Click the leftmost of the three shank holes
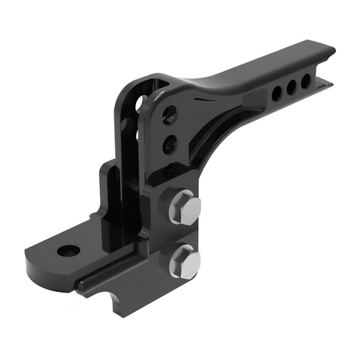coord(277,93)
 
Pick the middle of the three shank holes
coord(292,87)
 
